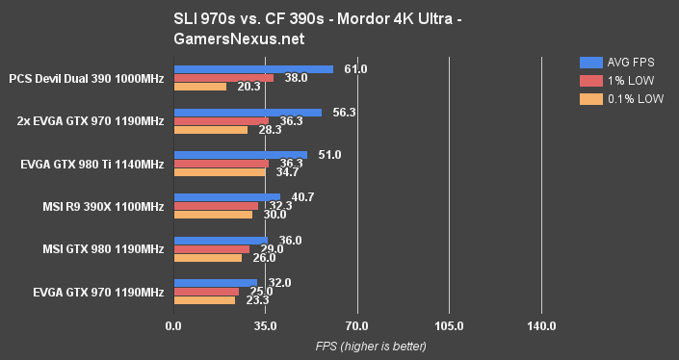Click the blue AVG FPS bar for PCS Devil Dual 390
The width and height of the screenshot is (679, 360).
(x=253, y=69)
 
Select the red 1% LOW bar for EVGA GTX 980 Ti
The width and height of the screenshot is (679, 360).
(x=221, y=163)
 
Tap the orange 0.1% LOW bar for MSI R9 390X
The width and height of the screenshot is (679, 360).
(x=212, y=215)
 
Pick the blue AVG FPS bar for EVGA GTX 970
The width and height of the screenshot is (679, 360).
(x=215, y=283)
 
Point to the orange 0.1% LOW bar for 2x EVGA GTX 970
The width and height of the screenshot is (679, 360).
(x=210, y=129)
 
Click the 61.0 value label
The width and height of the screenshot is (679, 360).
(x=355, y=68)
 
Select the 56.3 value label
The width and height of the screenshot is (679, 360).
(x=344, y=112)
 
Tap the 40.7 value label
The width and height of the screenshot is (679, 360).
(x=302, y=196)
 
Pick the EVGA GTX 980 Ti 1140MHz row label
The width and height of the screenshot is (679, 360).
(x=92, y=164)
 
